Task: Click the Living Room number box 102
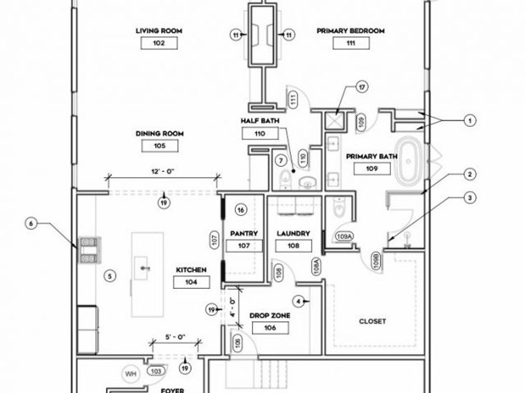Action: coord(159,43)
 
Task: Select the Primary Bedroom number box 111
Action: coord(351,43)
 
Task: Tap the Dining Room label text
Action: coord(160,134)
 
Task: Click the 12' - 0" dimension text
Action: coord(163,172)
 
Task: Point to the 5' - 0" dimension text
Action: coord(175,337)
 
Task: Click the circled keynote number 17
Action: coord(362,87)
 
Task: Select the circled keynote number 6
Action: coord(32,224)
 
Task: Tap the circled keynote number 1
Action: coord(470,121)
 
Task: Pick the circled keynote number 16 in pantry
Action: coord(241,210)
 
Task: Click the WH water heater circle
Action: coord(131,374)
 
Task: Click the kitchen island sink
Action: coord(141,268)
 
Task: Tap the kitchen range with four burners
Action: coord(89,249)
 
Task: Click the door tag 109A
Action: coord(345,236)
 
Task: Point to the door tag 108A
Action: coord(316,266)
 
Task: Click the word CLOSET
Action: coord(372,321)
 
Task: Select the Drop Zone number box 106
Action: coord(270,328)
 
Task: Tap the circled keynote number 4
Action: coord(298,302)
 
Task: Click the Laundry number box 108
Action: coord(293,246)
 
